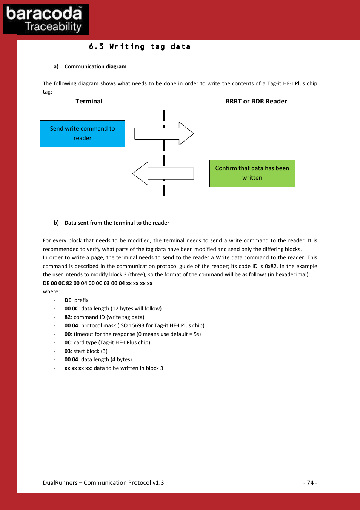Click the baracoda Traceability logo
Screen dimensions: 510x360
[46, 19]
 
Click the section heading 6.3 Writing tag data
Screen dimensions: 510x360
[139, 47]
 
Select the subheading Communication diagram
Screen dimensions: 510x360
[95, 66]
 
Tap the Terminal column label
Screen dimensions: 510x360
[89, 101]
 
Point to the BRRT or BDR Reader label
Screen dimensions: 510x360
[256, 101]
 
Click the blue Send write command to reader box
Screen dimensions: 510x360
[82, 134]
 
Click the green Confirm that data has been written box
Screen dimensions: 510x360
[252, 173]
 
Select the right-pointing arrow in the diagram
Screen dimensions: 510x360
[164, 134]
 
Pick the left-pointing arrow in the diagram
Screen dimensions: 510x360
[163, 174]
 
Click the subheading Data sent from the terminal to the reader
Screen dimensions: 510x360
[117, 223]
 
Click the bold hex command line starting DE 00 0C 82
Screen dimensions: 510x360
[98, 283]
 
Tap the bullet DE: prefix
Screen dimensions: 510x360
[77, 300]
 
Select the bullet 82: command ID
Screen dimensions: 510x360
[105, 317]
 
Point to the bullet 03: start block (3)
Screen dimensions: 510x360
[86, 351]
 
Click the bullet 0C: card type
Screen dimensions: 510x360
[107, 342]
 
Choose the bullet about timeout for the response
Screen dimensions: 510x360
[132, 334]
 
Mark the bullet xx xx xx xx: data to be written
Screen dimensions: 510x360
[114, 368]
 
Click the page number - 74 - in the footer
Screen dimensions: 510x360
[310, 482]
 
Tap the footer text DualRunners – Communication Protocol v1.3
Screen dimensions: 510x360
[103, 482]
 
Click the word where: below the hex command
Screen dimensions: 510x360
[51, 291]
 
